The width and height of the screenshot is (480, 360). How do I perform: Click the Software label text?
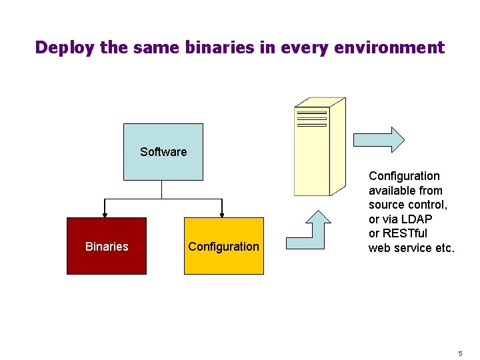[163, 152]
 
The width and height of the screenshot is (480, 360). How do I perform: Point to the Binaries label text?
[107, 247]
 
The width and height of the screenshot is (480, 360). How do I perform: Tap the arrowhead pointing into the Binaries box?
[105, 214]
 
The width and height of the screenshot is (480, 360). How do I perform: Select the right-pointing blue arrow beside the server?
[379, 140]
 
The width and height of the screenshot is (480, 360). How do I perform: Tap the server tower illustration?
[320, 147]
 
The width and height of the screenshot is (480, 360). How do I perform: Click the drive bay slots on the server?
[311, 118]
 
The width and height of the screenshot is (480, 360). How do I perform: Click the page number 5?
[459, 353]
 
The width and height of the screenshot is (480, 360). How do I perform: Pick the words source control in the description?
[407, 205]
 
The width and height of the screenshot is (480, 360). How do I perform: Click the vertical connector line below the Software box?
[162, 189]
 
